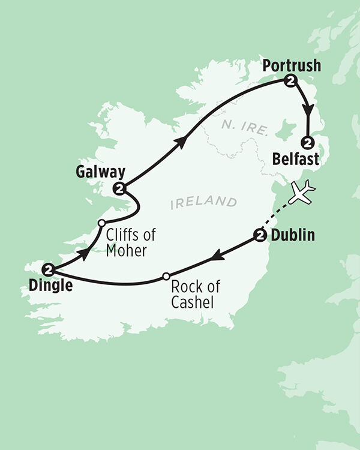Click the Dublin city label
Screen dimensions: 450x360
[293, 236]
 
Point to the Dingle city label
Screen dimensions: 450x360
[50, 286]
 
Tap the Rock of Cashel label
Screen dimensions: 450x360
[193, 295]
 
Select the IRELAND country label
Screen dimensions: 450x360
[203, 203]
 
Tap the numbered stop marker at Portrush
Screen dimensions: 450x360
[291, 81]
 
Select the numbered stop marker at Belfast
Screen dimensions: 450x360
[308, 143]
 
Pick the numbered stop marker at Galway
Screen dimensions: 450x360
[121, 189]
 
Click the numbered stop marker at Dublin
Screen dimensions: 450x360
[260, 236]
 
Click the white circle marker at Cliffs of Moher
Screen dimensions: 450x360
[101, 223]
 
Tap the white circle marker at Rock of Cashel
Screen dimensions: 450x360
[166, 277]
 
